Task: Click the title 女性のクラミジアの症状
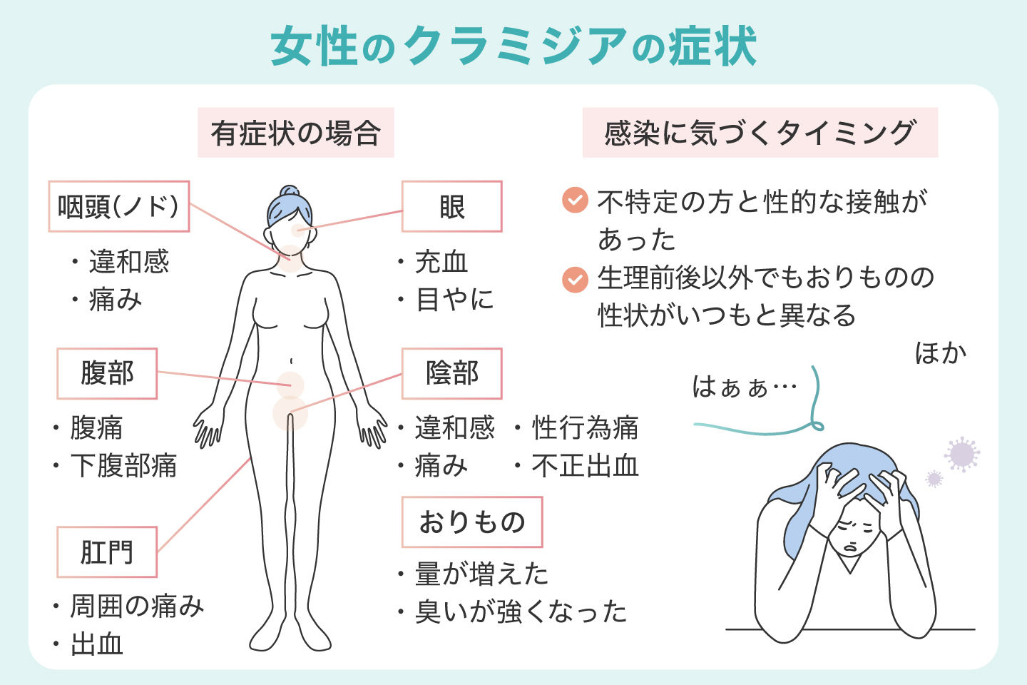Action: pyautogui.click(x=513, y=46)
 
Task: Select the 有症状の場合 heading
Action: pyautogui.click(x=295, y=133)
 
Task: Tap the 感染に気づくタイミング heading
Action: pyautogui.click(x=760, y=133)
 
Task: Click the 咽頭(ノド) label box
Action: pyautogui.click(x=118, y=207)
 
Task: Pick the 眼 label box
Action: pyautogui.click(x=451, y=207)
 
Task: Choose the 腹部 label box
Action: pyautogui.click(x=107, y=374)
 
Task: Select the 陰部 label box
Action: pyautogui.click(x=451, y=374)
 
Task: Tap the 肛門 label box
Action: pyautogui.click(x=107, y=552)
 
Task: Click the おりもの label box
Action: pyautogui.click(x=471, y=522)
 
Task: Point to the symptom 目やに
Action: pyautogui.click(x=454, y=300)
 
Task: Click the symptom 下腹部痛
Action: pyautogui.click(x=123, y=466)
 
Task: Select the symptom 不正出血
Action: pyautogui.click(x=585, y=466)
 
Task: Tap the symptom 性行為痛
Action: pyautogui.click(x=585, y=428)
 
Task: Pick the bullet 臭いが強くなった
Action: pyautogui.click(x=521, y=612)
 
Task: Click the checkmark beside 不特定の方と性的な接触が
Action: pyautogui.click(x=575, y=201)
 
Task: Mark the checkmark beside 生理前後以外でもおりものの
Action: pyautogui.click(x=575, y=279)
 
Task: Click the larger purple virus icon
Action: pyautogui.click(x=962, y=454)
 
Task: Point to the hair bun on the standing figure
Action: pyautogui.click(x=290, y=192)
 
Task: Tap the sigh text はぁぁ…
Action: pyautogui.click(x=744, y=387)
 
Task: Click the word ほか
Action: pyautogui.click(x=941, y=353)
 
